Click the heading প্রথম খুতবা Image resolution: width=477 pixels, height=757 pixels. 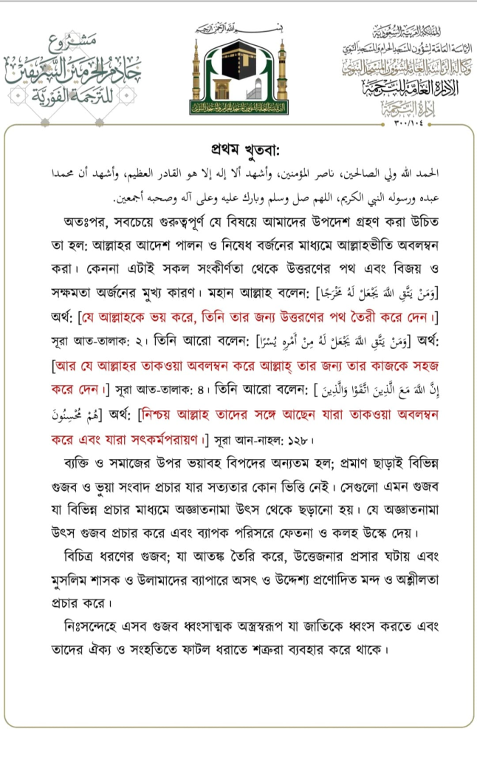click(x=238, y=144)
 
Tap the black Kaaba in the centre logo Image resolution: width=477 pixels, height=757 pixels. click(x=238, y=70)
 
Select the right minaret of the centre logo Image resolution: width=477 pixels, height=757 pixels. click(x=282, y=74)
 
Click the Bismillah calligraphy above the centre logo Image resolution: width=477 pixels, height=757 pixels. click(x=238, y=30)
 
